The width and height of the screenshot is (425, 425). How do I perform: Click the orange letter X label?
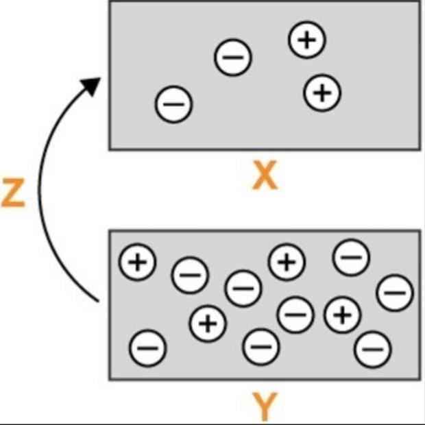pos(264,177)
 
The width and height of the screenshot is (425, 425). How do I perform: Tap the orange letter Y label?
pos(264,407)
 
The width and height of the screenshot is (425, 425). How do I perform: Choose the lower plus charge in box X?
pos(322,92)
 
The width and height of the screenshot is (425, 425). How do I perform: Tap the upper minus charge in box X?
pos(233,58)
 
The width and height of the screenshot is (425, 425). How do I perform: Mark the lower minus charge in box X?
pos(174,104)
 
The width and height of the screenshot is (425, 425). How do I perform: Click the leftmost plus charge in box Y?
pos(138,263)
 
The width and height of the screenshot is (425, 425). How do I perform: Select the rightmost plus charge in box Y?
pos(342,315)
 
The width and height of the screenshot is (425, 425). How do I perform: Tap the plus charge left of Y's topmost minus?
pos(287,261)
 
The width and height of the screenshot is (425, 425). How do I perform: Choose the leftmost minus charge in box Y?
pos(147,348)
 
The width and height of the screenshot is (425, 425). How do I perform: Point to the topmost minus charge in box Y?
pos(351,258)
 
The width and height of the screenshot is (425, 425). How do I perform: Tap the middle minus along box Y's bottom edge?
pos(261,347)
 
